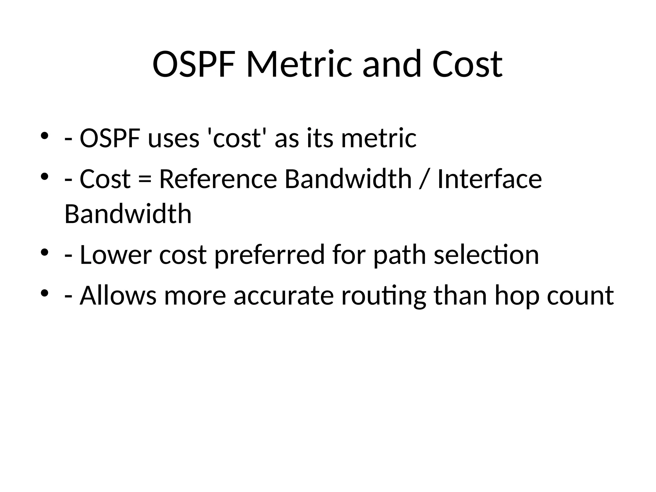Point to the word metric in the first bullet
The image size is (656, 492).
click(379, 138)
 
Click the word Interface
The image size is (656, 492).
click(489, 179)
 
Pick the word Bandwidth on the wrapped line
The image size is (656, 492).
click(128, 214)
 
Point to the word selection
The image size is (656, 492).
click(486, 255)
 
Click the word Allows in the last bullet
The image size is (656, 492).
click(118, 295)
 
